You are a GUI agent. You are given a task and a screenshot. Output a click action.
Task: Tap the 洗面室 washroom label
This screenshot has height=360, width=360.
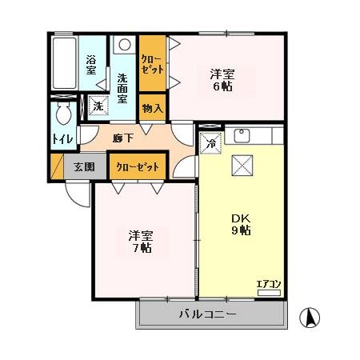122,89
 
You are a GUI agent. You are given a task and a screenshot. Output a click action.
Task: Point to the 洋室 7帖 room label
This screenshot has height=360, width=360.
142,242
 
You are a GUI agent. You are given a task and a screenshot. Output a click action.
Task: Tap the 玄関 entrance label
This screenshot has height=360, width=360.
84,167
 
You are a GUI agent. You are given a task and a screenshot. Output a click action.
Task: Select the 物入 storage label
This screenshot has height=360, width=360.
152,107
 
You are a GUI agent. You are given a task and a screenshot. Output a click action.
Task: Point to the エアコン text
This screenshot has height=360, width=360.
268,283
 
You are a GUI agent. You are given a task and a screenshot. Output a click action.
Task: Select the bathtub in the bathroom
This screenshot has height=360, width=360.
63,63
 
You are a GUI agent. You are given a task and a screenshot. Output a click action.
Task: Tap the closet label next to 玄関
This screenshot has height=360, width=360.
138,167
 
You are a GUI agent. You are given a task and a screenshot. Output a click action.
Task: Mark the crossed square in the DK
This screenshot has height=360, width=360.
241,166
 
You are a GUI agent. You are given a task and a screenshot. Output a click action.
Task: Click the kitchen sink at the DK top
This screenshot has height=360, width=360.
246,134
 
